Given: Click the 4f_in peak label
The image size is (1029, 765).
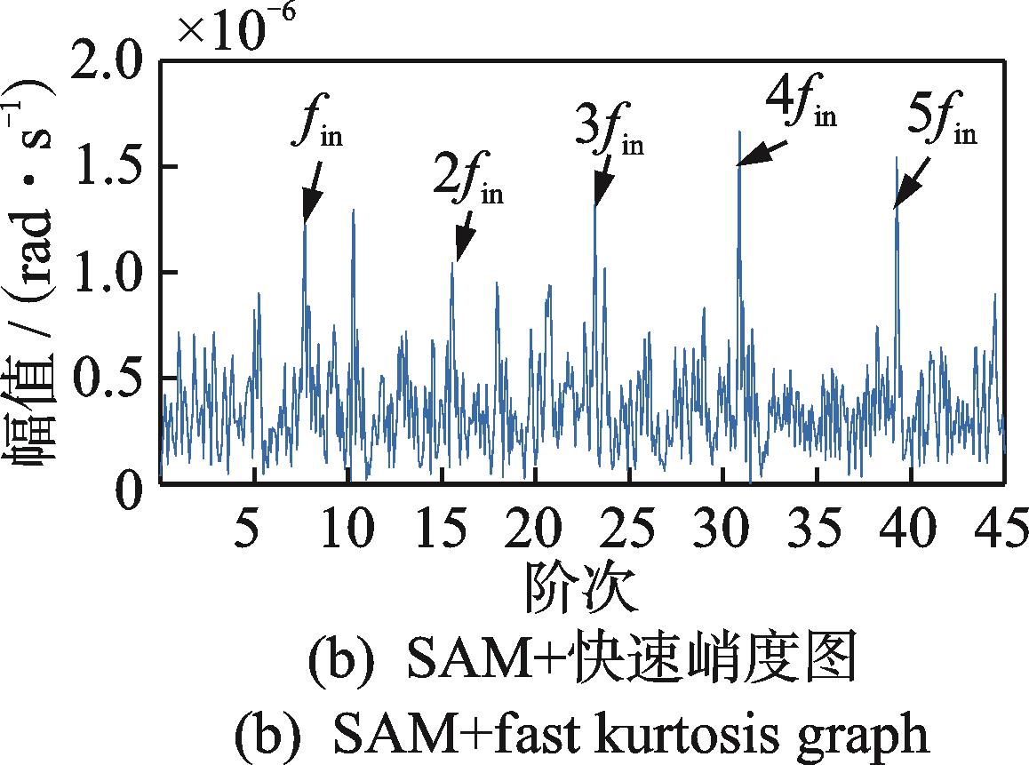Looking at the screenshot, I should (x=800, y=105).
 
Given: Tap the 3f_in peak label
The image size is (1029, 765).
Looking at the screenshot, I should (x=609, y=131).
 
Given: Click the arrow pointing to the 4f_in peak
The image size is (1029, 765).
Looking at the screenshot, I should (x=762, y=153).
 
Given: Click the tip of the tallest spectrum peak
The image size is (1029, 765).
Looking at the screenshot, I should (x=739, y=131).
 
